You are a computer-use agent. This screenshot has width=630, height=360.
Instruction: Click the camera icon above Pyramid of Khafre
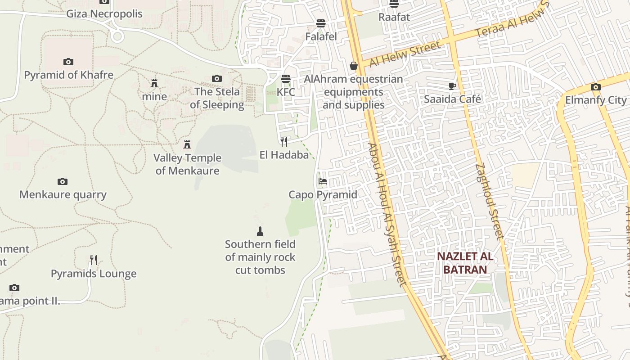click(68, 62)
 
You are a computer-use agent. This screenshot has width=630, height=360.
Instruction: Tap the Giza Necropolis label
click(104, 14)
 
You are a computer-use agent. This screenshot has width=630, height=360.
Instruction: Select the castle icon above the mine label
click(154, 83)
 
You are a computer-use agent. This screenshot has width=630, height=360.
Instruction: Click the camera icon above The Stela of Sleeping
click(217, 79)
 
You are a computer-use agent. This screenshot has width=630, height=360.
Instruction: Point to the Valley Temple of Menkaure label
click(187, 164)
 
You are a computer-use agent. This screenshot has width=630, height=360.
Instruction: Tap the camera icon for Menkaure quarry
click(63, 182)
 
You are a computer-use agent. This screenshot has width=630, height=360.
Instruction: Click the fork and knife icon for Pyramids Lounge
click(94, 260)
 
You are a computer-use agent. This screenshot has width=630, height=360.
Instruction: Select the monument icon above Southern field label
click(260, 231)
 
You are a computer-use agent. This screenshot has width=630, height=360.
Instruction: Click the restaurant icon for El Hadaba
click(284, 142)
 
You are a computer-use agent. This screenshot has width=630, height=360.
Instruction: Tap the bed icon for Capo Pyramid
click(323, 182)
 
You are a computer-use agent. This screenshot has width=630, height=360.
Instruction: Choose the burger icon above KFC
click(285, 79)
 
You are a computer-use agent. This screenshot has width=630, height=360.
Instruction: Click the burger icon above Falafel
click(320, 23)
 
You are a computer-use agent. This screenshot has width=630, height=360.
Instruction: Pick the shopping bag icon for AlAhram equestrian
click(354, 66)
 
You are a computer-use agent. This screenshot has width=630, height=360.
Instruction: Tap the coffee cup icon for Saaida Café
click(452, 86)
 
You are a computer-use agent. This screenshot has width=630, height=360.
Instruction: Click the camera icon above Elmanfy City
click(596, 87)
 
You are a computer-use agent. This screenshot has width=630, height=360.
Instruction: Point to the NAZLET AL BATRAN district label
click(465, 263)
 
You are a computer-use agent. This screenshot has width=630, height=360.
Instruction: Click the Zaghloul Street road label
click(489, 201)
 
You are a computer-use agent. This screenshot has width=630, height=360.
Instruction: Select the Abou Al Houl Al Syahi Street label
click(387, 214)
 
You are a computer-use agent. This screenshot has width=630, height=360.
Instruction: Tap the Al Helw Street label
click(405, 54)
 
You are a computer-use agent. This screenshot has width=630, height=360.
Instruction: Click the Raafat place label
click(394, 17)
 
